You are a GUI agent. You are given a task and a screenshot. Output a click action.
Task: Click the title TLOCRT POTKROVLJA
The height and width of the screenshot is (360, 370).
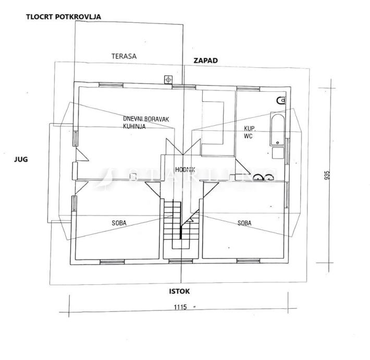tap(64, 17)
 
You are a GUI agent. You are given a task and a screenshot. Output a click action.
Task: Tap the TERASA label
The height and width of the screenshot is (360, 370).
tap(124, 56)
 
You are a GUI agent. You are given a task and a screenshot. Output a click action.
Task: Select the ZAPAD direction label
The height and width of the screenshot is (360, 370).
tap(205, 61)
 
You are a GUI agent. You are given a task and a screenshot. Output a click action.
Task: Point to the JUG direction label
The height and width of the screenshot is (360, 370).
tap(21, 160)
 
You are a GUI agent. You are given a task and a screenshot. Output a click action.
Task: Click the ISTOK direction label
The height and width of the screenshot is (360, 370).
tap(179, 291)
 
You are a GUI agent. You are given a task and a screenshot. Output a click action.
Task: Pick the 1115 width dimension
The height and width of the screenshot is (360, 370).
tap(180, 307)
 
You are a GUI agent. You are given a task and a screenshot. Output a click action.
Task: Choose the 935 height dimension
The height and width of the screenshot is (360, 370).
tap(327, 175)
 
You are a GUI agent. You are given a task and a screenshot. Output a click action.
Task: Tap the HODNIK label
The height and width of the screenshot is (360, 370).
tap(185, 170)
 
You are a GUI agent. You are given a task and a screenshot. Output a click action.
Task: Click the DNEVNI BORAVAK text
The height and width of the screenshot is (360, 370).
tap(146, 119)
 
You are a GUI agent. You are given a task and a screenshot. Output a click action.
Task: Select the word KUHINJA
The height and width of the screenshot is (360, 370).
tap(134, 126)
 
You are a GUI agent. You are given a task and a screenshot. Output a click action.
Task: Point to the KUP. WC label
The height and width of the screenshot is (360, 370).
tap(250, 133)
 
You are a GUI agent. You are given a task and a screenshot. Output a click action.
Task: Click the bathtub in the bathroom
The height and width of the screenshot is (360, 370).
tap(277, 130)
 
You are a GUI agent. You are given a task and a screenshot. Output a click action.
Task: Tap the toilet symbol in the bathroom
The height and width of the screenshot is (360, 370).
tap(281, 100)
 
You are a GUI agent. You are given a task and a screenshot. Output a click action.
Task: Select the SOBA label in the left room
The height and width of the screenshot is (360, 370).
tap(119, 223)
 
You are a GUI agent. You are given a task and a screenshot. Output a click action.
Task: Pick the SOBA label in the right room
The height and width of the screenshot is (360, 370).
tap(244, 223)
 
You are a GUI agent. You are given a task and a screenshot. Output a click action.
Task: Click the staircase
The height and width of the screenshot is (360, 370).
tap(181, 224)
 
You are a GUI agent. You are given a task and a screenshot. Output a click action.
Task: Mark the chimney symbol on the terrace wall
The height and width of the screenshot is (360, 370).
tap(168, 80)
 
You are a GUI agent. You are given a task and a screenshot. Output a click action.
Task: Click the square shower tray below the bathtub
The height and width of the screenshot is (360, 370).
tap(278, 153)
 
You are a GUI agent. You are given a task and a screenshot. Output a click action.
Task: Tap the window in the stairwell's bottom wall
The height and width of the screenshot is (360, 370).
tap(180, 261)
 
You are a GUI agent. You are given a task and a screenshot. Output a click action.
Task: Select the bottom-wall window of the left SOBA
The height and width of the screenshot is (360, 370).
tap(112, 262)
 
